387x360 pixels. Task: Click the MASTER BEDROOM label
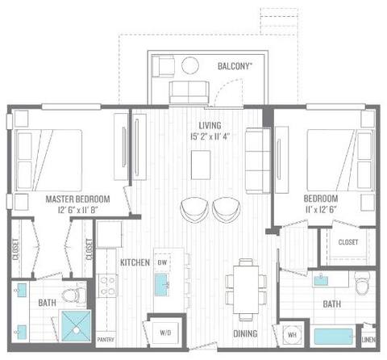77,198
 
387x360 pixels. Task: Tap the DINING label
246,332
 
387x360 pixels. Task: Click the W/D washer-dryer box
166,332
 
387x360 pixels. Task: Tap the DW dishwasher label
161,263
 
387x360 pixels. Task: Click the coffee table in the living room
202,164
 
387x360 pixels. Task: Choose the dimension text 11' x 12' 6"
321,209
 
